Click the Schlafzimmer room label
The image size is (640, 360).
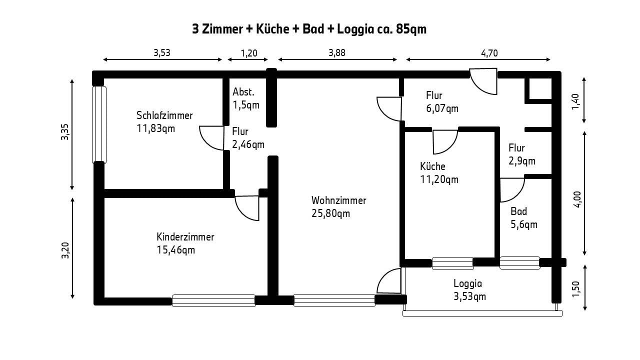(164, 115)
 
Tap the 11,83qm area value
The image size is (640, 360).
(155, 128)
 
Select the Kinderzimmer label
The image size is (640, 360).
(185, 237)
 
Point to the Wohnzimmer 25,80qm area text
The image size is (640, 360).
(330, 213)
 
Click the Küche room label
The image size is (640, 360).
(432, 166)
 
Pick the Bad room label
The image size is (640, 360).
(519, 211)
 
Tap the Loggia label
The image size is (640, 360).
(467, 283)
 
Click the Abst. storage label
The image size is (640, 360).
(243, 92)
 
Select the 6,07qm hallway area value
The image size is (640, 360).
(442, 108)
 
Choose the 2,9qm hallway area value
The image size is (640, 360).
(522, 161)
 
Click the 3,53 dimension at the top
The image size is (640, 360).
(161, 53)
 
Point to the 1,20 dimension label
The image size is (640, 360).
(249, 53)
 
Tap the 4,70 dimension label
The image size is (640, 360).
(489, 53)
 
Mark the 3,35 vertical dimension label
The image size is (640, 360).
(65, 131)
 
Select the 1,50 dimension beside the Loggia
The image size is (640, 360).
(576, 289)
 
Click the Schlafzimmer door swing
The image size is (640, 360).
(211, 138)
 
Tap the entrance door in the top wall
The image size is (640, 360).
(483, 81)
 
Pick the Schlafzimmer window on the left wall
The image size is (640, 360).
(99, 125)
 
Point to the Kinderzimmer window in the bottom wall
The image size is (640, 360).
(213, 300)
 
